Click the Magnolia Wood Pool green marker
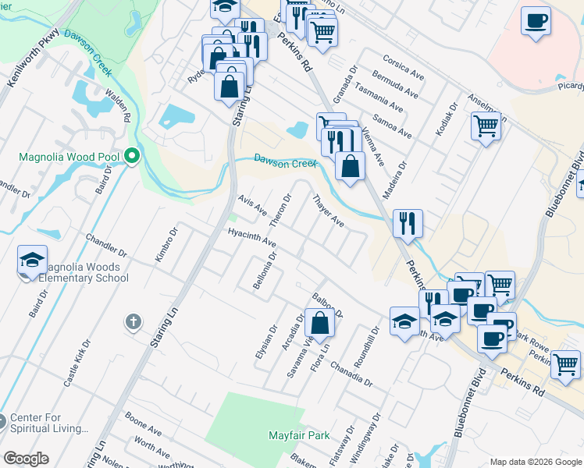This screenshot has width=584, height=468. pyautogui.click(x=132, y=157)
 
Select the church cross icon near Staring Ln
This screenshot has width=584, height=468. pyautogui.click(x=134, y=321)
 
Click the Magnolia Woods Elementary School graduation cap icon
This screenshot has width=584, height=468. pyautogui.click(x=32, y=260)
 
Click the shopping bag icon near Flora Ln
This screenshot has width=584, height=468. pyautogui.click(x=320, y=323)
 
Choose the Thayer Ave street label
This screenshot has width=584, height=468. pyautogui.click(x=329, y=211)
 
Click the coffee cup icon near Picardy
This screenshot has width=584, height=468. pyautogui.click(x=536, y=21)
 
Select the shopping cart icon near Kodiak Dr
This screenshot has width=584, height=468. pyautogui.click(x=486, y=125)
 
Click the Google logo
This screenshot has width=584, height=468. pyautogui.click(x=26, y=459)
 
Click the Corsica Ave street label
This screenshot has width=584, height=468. pyautogui.click(x=404, y=68)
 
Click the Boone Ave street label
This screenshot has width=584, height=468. pyautogui.click(x=143, y=430)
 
